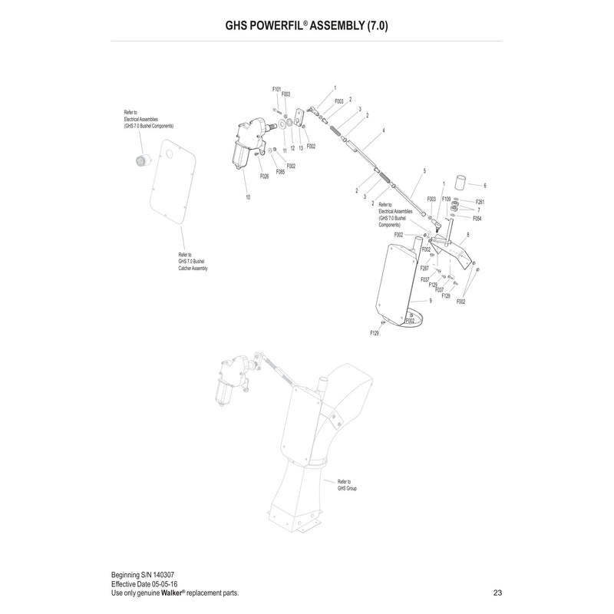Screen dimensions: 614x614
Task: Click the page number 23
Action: [497, 593]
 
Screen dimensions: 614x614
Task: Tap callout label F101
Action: [276, 89]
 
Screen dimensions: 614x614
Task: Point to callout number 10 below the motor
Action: [248, 197]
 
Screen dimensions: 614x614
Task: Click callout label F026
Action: [264, 177]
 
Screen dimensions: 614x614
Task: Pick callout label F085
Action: [280, 171]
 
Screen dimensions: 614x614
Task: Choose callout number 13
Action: [301, 148]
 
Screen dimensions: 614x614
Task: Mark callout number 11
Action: [285, 150]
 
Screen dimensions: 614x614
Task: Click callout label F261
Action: [480, 202]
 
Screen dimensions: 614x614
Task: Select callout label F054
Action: [477, 219]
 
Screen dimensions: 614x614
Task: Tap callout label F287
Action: [424, 268]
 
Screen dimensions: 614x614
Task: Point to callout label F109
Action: [446, 199]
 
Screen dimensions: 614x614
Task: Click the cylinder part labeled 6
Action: [460, 183]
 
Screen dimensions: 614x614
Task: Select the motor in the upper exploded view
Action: [247, 143]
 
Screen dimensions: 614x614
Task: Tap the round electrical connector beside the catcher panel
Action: [140, 161]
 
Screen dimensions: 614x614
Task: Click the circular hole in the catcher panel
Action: [169, 154]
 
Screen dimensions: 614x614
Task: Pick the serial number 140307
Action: [163, 575]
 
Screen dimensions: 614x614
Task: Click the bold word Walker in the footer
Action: [171, 593]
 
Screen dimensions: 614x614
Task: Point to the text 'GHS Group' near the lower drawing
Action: [347, 488]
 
